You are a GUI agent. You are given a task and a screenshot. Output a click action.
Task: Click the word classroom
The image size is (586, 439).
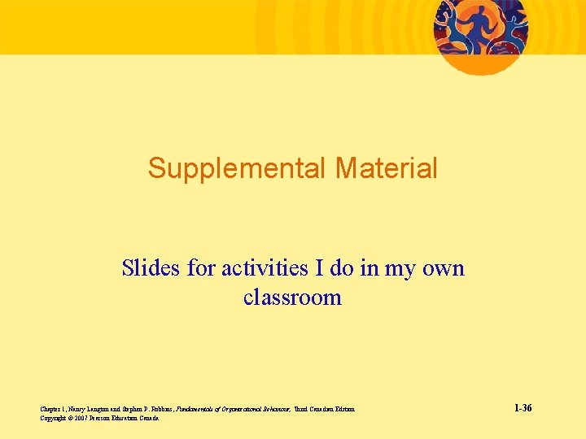[x=292, y=298]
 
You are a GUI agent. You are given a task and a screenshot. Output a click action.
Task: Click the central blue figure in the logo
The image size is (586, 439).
[x=479, y=23]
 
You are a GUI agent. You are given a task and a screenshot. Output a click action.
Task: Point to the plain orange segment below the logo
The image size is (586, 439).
[x=480, y=65]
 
